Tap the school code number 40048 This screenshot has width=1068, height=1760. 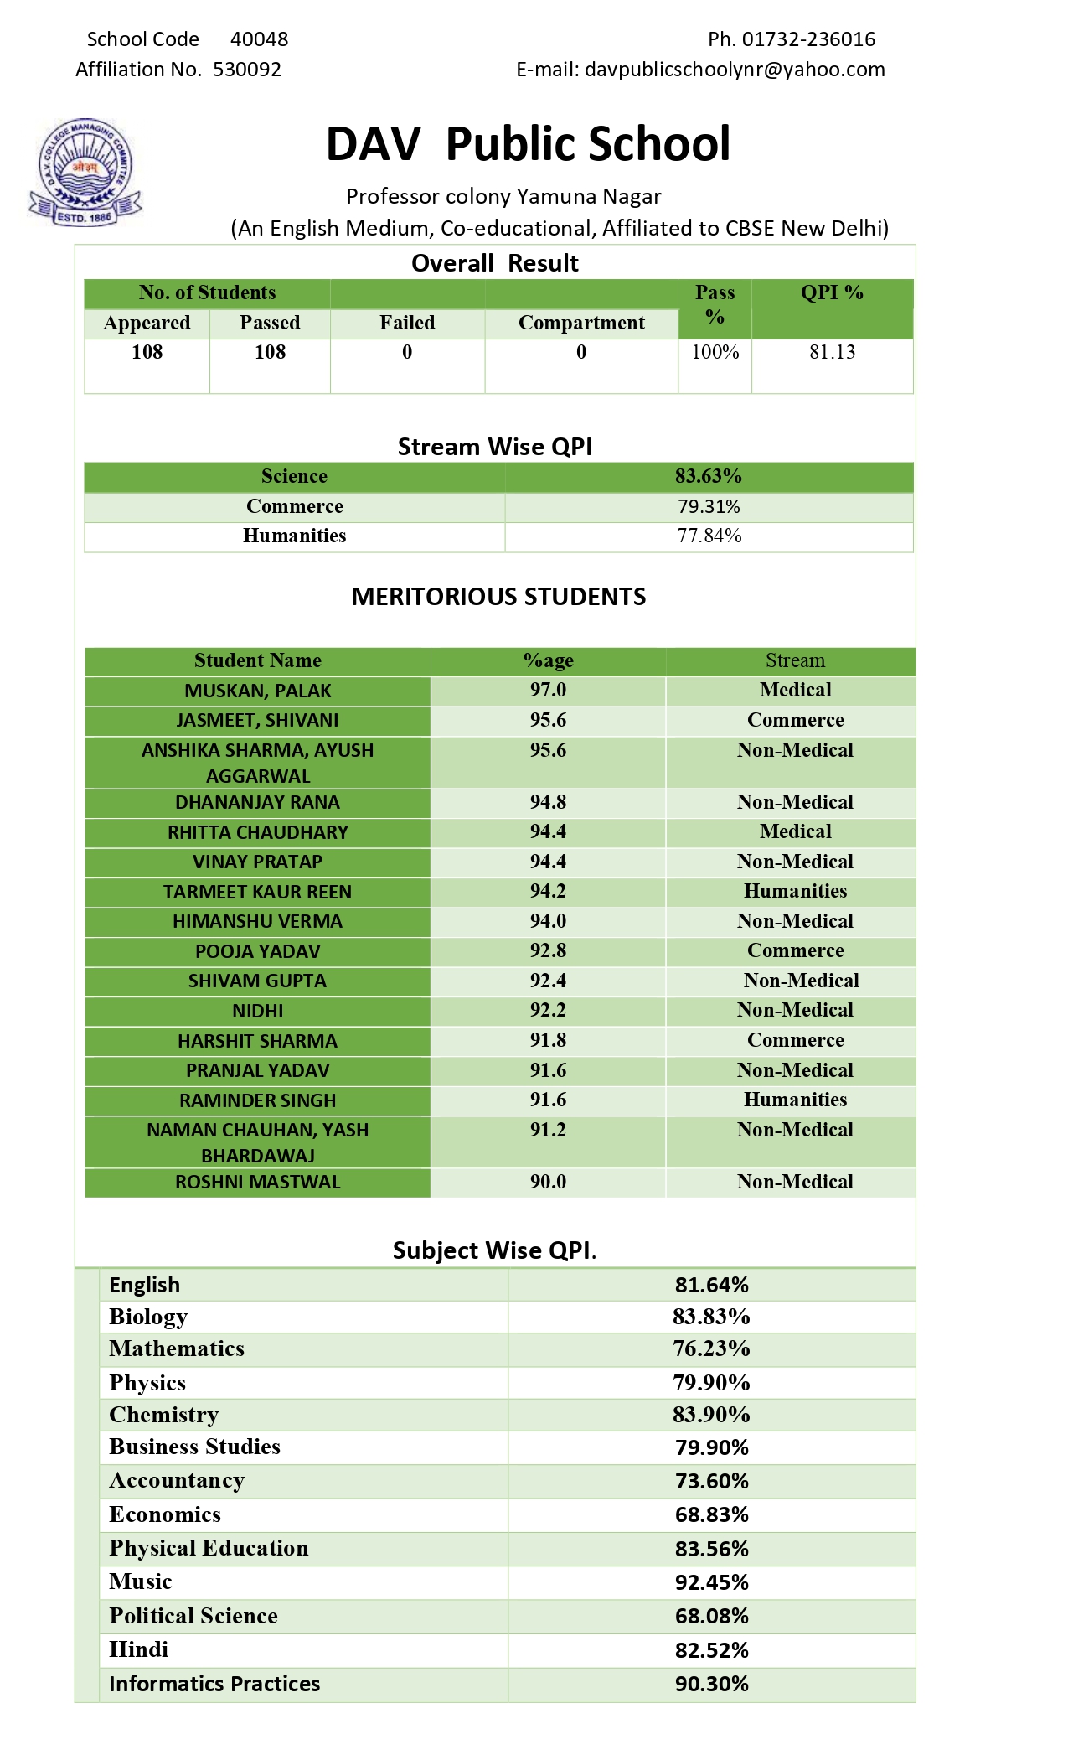pyautogui.click(x=259, y=39)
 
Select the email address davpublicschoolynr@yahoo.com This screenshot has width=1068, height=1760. pyautogui.click(x=735, y=70)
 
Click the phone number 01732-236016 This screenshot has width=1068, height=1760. pyautogui.click(x=808, y=39)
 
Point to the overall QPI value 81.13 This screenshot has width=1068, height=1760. pyautogui.click(x=832, y=352)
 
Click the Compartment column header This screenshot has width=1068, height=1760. pyautogui.click(x=581, y=323)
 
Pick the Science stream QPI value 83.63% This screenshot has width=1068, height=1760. pyautogui.click(x=709, y=476)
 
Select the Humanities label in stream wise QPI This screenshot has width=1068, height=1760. pyautogui.click(x=294, y=536)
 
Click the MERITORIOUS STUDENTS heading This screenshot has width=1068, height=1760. pyautogui.click(x=498, y=597)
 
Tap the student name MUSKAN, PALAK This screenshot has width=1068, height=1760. pyautogui.click(x=257, y=691)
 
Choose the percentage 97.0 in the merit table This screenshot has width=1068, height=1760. pyautogui.click(x=548, y=690)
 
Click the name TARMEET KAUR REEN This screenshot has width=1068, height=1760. pyautogui.click(x=257, y=892)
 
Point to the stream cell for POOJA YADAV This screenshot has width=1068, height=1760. pyautogui.click(x=795, y=950)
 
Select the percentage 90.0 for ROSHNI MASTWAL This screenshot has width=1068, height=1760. pyautogui.click(x=548, y=1182)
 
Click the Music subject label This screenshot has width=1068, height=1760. pyautogui.click(x=141, y=1581)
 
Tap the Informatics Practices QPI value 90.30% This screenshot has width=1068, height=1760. pyautogui.click(x=711, y=1684)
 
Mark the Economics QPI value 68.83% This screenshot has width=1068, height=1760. pyautogui.click(x=711, y=1514)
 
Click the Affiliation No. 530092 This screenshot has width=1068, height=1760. pyautogui.click(x=247, y=70)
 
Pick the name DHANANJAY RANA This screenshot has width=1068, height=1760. pyautogui.click(x=257, y=802)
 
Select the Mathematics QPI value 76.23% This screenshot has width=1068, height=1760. pyautogui.click(x=711, y=1348)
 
